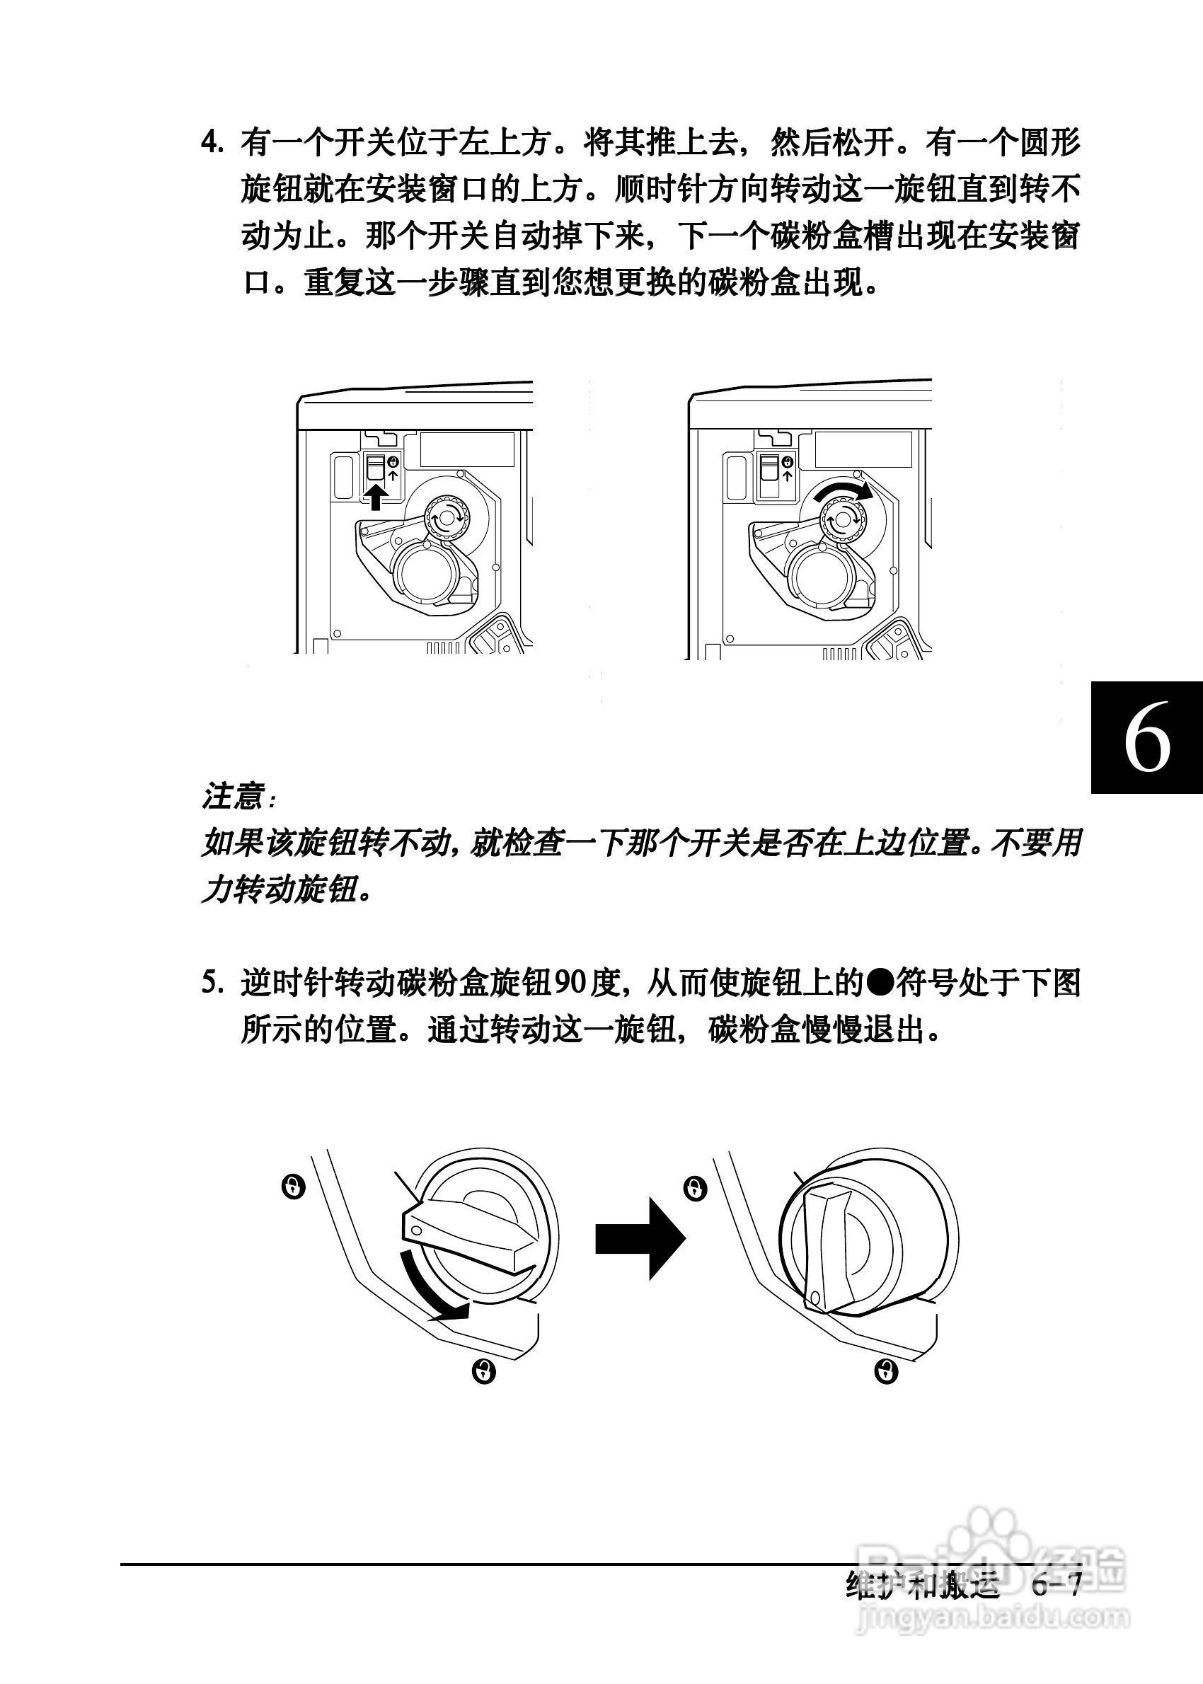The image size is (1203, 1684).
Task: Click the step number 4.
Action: click(212, 142)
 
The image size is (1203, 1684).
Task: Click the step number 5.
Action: click(212, 983)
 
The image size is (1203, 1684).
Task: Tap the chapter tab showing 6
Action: click(1146, 737)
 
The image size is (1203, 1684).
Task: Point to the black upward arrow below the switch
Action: click(376, 497)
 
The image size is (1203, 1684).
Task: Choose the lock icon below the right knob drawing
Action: click(886, 1371)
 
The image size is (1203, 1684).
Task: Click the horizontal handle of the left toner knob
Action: click(469, 1233)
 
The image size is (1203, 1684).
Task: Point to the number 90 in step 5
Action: click(570, 983)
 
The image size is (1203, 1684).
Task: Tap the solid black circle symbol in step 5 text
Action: click(881, 983)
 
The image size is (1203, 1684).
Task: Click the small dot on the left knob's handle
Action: click(416, 1230)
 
